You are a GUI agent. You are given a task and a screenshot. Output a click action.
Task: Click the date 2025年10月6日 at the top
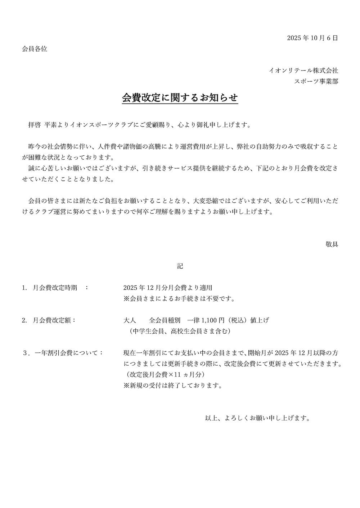(x=312, y=38)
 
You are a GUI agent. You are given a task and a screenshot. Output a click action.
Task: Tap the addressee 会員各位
(x=35, y=49)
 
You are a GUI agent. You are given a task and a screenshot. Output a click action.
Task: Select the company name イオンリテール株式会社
(x=303, y=70)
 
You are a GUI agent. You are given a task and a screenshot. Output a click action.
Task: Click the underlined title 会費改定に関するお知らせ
(x=180, y=98)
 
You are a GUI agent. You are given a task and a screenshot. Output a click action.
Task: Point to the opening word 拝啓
(x=35, y=125)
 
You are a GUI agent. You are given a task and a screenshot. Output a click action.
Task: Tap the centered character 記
(x=180, y=266)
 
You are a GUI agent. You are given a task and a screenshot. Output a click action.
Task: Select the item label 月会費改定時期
(x=55, y=288)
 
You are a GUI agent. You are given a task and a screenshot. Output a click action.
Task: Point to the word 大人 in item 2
(x=130, y=320)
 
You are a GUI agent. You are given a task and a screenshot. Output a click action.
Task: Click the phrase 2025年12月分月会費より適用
(x=168, y=288)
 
